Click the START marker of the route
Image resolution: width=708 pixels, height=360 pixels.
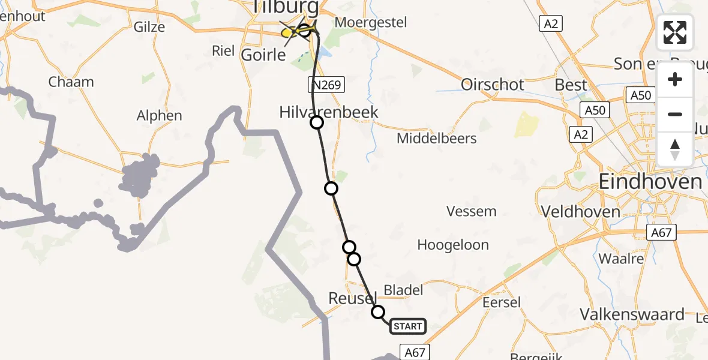[407, 326]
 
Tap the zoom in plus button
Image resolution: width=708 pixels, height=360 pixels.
[675, 80]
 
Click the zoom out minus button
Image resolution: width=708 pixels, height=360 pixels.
[675, 114]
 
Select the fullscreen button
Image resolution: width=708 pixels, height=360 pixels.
[675, 32]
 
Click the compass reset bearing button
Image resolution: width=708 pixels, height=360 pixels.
[675, 149]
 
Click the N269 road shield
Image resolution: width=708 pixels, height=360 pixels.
[327, 85]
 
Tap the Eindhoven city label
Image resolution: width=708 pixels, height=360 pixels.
[650, 181]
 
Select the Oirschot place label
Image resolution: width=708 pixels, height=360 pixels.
[493, 85]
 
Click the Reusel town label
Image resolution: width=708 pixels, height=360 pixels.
[352, 298]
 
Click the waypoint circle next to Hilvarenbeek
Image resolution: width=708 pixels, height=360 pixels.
[316, 123]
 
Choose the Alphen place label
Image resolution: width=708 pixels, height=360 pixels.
[159, 116]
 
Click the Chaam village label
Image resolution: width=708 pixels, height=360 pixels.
[71, 82]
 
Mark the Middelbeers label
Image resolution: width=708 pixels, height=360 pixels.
[437, 139]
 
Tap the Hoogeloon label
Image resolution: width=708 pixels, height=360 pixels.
[453, 245]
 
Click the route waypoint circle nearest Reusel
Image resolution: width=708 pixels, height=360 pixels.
[378, 312]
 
